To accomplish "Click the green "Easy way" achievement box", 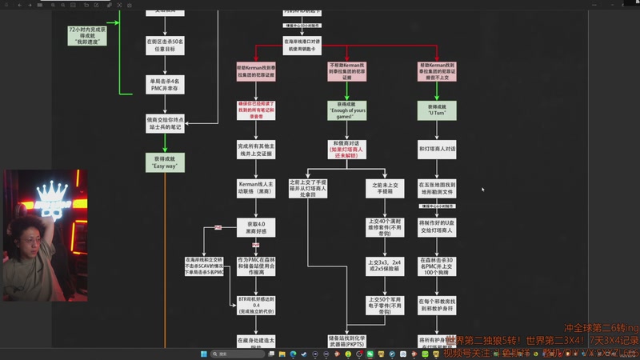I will tap(165, 163).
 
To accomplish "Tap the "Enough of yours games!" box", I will tap(346, 111).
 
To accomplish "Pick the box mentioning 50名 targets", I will tap(165, 45).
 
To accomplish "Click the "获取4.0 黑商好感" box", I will tap(256, 227).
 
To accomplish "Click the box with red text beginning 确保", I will tap(256, 110).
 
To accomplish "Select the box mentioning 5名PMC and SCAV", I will tap(204, 266).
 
